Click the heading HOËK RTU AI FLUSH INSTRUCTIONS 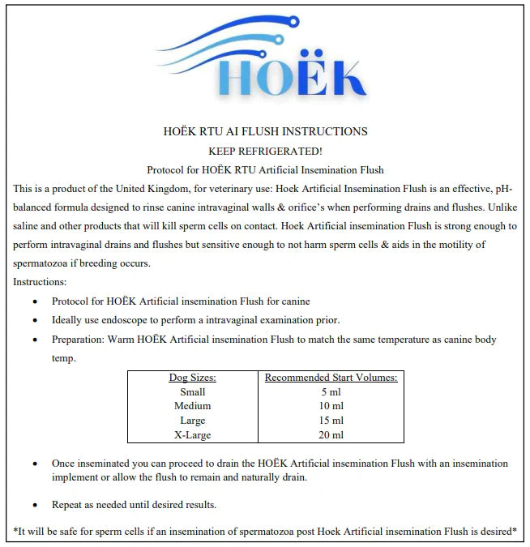(x=265, y=131)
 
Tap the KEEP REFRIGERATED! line (x=265, y=151)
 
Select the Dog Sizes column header (x=192, y=378)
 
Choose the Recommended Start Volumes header (x=331, y=378)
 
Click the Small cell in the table (x=192, y=391)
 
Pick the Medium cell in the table (x=192, y=406)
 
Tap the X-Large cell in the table (x=192, y=435)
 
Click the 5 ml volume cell (x=331, y=391)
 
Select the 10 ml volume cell (x=331, y=406)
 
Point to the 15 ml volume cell (x=331, y=421)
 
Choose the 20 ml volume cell (x=331, y=435)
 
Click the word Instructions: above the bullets (x=40, y=282)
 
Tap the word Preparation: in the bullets (x=79, y=340)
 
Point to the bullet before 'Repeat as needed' (x=34, y=506)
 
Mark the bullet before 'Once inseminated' (x=34, y=464)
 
